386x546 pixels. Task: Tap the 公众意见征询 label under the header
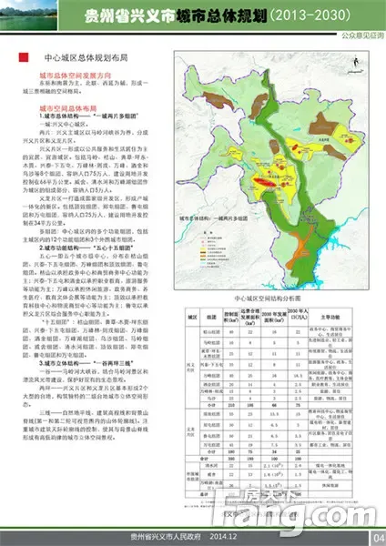(358, 38)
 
